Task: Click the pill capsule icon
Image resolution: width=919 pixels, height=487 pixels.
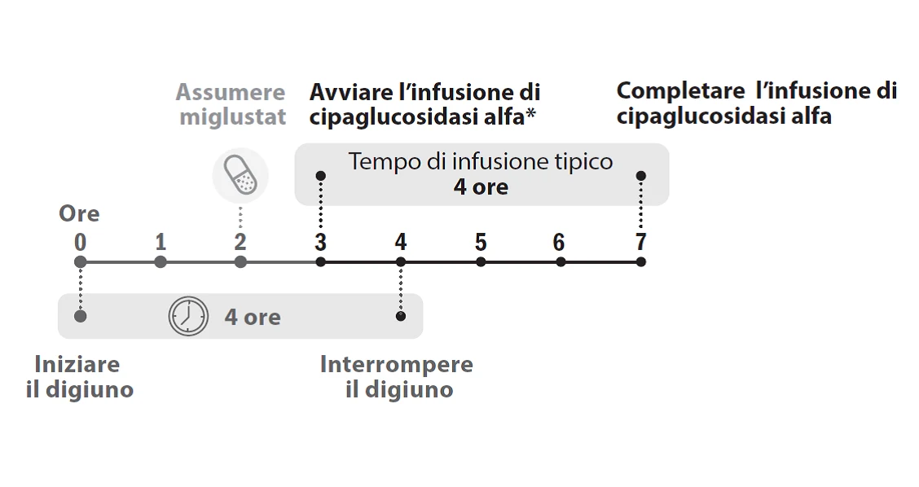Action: pyautogui.click(x=240, y=175)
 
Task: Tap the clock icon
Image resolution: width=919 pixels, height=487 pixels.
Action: pyautogui.click(x=188, y=317)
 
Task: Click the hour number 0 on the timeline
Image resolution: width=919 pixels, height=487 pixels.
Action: pyautogui.click(x=81, y=241)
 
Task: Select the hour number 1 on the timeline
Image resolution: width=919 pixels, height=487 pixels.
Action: pyautogui.click(x=160, y=241)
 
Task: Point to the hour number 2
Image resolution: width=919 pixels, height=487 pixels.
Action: pyautogui.click(x=240, y=241)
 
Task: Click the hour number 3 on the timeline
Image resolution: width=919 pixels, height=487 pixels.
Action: pyautogui.click(x=320, y=241)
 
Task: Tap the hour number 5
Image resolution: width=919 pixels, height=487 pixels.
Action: pyautogui.click(x=481, y=241)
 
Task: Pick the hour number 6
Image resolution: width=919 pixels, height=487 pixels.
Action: pyautogui.click(x=559, y=241)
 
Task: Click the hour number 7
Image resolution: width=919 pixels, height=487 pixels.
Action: pyautogui.click(x=640, y=241)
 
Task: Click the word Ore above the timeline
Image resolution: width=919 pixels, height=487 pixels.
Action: pyautogui.click(x=79, y=213)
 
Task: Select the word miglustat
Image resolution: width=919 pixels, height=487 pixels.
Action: pyautogui.click(x=233, y=117)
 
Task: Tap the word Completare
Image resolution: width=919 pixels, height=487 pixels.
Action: pyautogui.click(x=680, y=91)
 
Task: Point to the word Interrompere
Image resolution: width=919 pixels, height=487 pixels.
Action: pyautogui.click(x=397, y=365)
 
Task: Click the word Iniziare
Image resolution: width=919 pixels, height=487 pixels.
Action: pyautogui.click(x=77, y=364)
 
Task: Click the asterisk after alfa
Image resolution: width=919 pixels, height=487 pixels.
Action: pyautogui.click(x=530, y=112)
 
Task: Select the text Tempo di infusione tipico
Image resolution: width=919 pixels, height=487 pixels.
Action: pyautogui.click(x=481, y=161)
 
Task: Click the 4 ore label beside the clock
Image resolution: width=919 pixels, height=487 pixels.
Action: pyautogui.click(x=253, y=317)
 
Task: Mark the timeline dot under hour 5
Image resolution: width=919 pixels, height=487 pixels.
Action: pyautogui.click(x=481, y=262)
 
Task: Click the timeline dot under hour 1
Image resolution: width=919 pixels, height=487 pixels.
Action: pyautogui.click(x=160, y=262)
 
